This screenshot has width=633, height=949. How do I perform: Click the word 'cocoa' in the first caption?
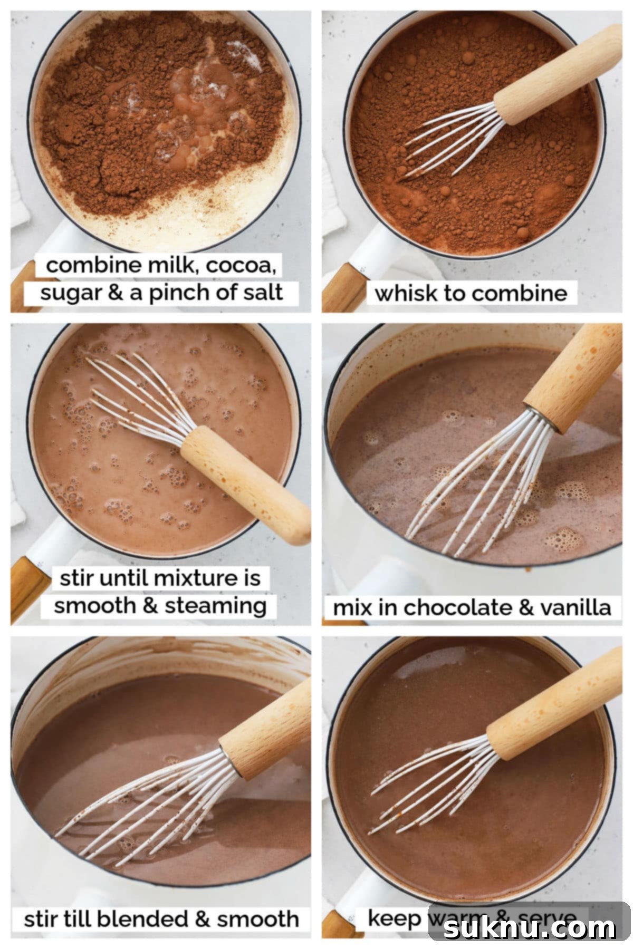point(241,265)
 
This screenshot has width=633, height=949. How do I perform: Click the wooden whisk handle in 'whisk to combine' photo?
point(559,74)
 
